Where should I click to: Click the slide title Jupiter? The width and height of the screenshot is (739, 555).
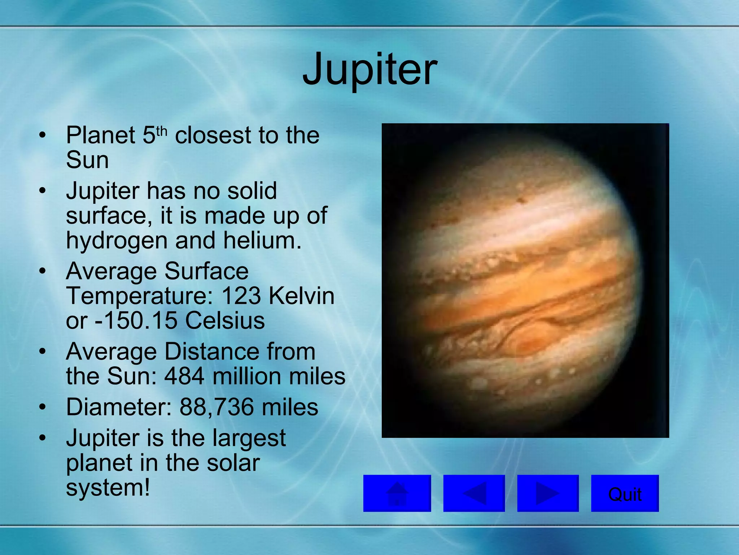[x=369, y=69]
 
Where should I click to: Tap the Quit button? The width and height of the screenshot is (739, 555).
[x=625, y=493]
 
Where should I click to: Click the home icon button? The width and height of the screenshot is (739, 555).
[x=397, y=493]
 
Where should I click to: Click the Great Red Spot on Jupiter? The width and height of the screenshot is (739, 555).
[x=530, y=341]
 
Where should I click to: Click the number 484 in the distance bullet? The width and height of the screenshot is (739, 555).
[x=184, y=376]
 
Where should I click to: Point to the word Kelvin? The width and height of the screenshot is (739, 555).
[x=302, y=296]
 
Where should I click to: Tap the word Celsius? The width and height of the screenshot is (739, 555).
[x=225, y=320]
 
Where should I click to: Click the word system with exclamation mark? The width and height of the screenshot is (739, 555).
[x=108, y=488]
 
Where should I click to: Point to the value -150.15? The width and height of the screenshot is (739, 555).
[x=136, y=320]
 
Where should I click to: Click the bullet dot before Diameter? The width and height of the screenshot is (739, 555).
[x=43, y=408]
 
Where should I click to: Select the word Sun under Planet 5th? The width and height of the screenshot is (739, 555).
[x=87, y=160]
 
